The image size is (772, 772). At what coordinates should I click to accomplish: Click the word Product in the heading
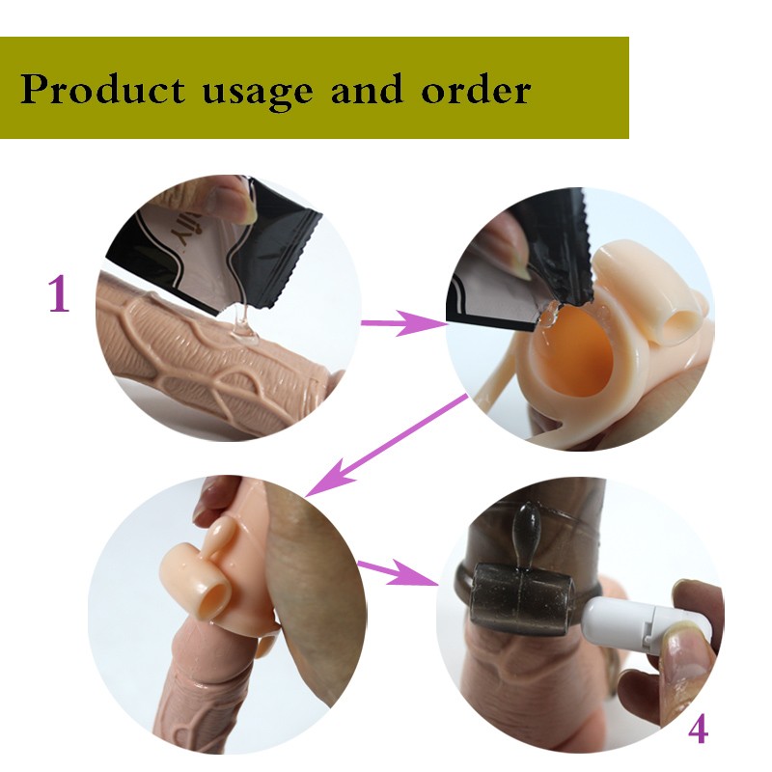click(x=102, y=90)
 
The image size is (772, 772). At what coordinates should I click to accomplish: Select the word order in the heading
click(x=476, y=89)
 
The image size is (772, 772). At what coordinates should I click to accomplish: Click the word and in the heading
click(x=367, y=89)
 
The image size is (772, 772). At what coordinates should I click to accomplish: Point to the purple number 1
click(x=59, y=294)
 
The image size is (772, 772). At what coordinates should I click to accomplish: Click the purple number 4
click(x=698, y=730)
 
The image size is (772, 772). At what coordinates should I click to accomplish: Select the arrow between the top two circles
click(x=403, y=322)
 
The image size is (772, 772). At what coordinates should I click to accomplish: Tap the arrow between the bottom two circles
click(x=398, y=572)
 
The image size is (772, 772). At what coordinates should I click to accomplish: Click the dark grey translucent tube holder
click(x=522, y=599)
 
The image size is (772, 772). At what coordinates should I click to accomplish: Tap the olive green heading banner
click(x=315, y=88)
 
